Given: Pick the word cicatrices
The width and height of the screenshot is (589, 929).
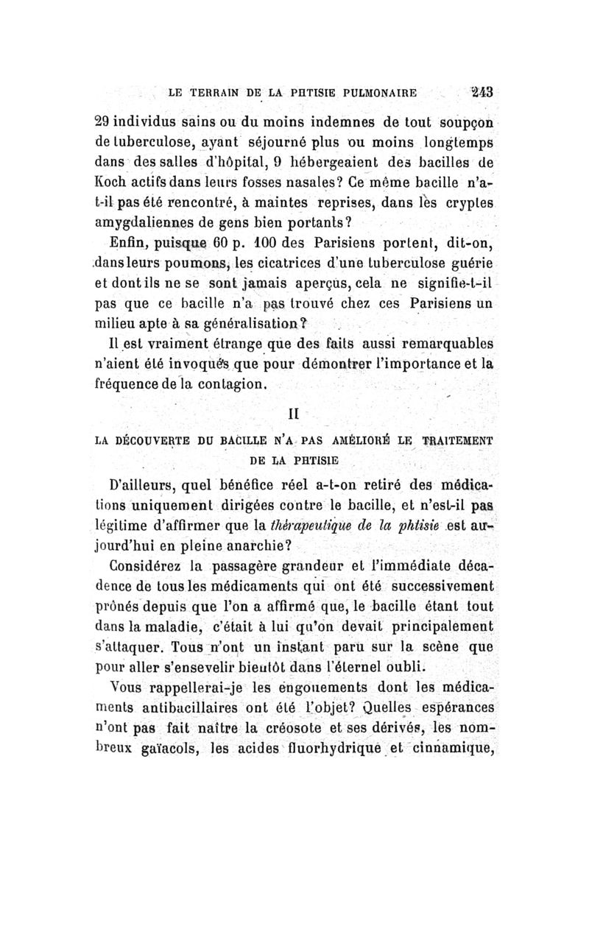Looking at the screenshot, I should (286, 263).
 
